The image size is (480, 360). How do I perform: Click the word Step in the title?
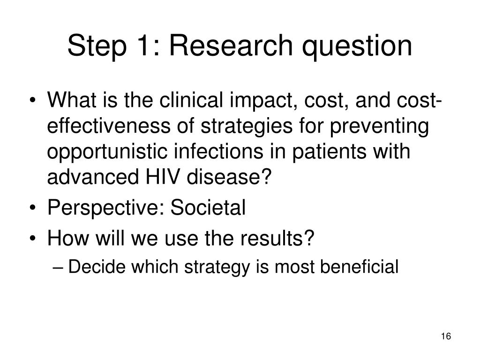(97, 46)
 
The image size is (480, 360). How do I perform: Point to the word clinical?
(191, 100)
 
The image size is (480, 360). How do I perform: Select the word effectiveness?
(109, 126)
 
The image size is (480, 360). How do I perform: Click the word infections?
(218, 151)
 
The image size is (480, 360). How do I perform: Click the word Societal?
(208, 208)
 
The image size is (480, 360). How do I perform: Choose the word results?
(273, 238)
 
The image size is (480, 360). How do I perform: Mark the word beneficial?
(359, 266)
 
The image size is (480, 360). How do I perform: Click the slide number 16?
(446, 336)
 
